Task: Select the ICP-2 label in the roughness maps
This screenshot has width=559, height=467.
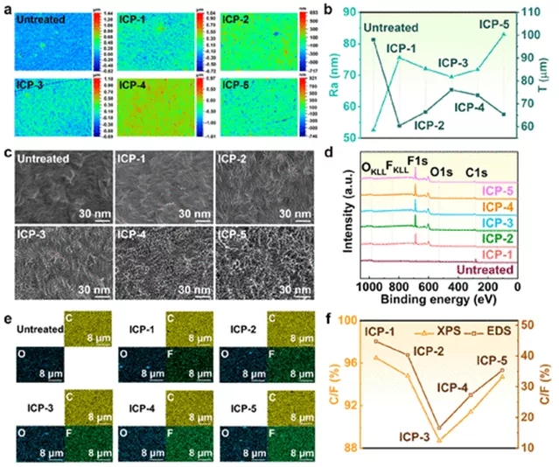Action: pyautogui.click(x=236, y=17)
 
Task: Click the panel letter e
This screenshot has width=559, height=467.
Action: pyautogui.click(x=9, y=318)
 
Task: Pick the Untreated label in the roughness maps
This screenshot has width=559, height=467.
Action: pyautogui.click(x=40, y=17)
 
